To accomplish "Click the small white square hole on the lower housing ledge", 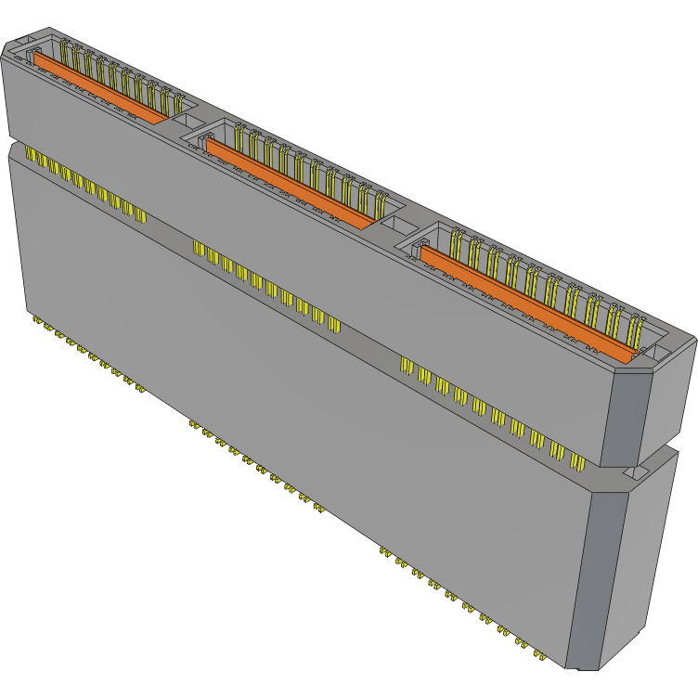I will point(637,473).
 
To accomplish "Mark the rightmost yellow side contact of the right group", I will point(577,461).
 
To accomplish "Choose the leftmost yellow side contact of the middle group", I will point(196,246).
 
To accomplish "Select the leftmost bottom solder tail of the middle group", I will point(192,424).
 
